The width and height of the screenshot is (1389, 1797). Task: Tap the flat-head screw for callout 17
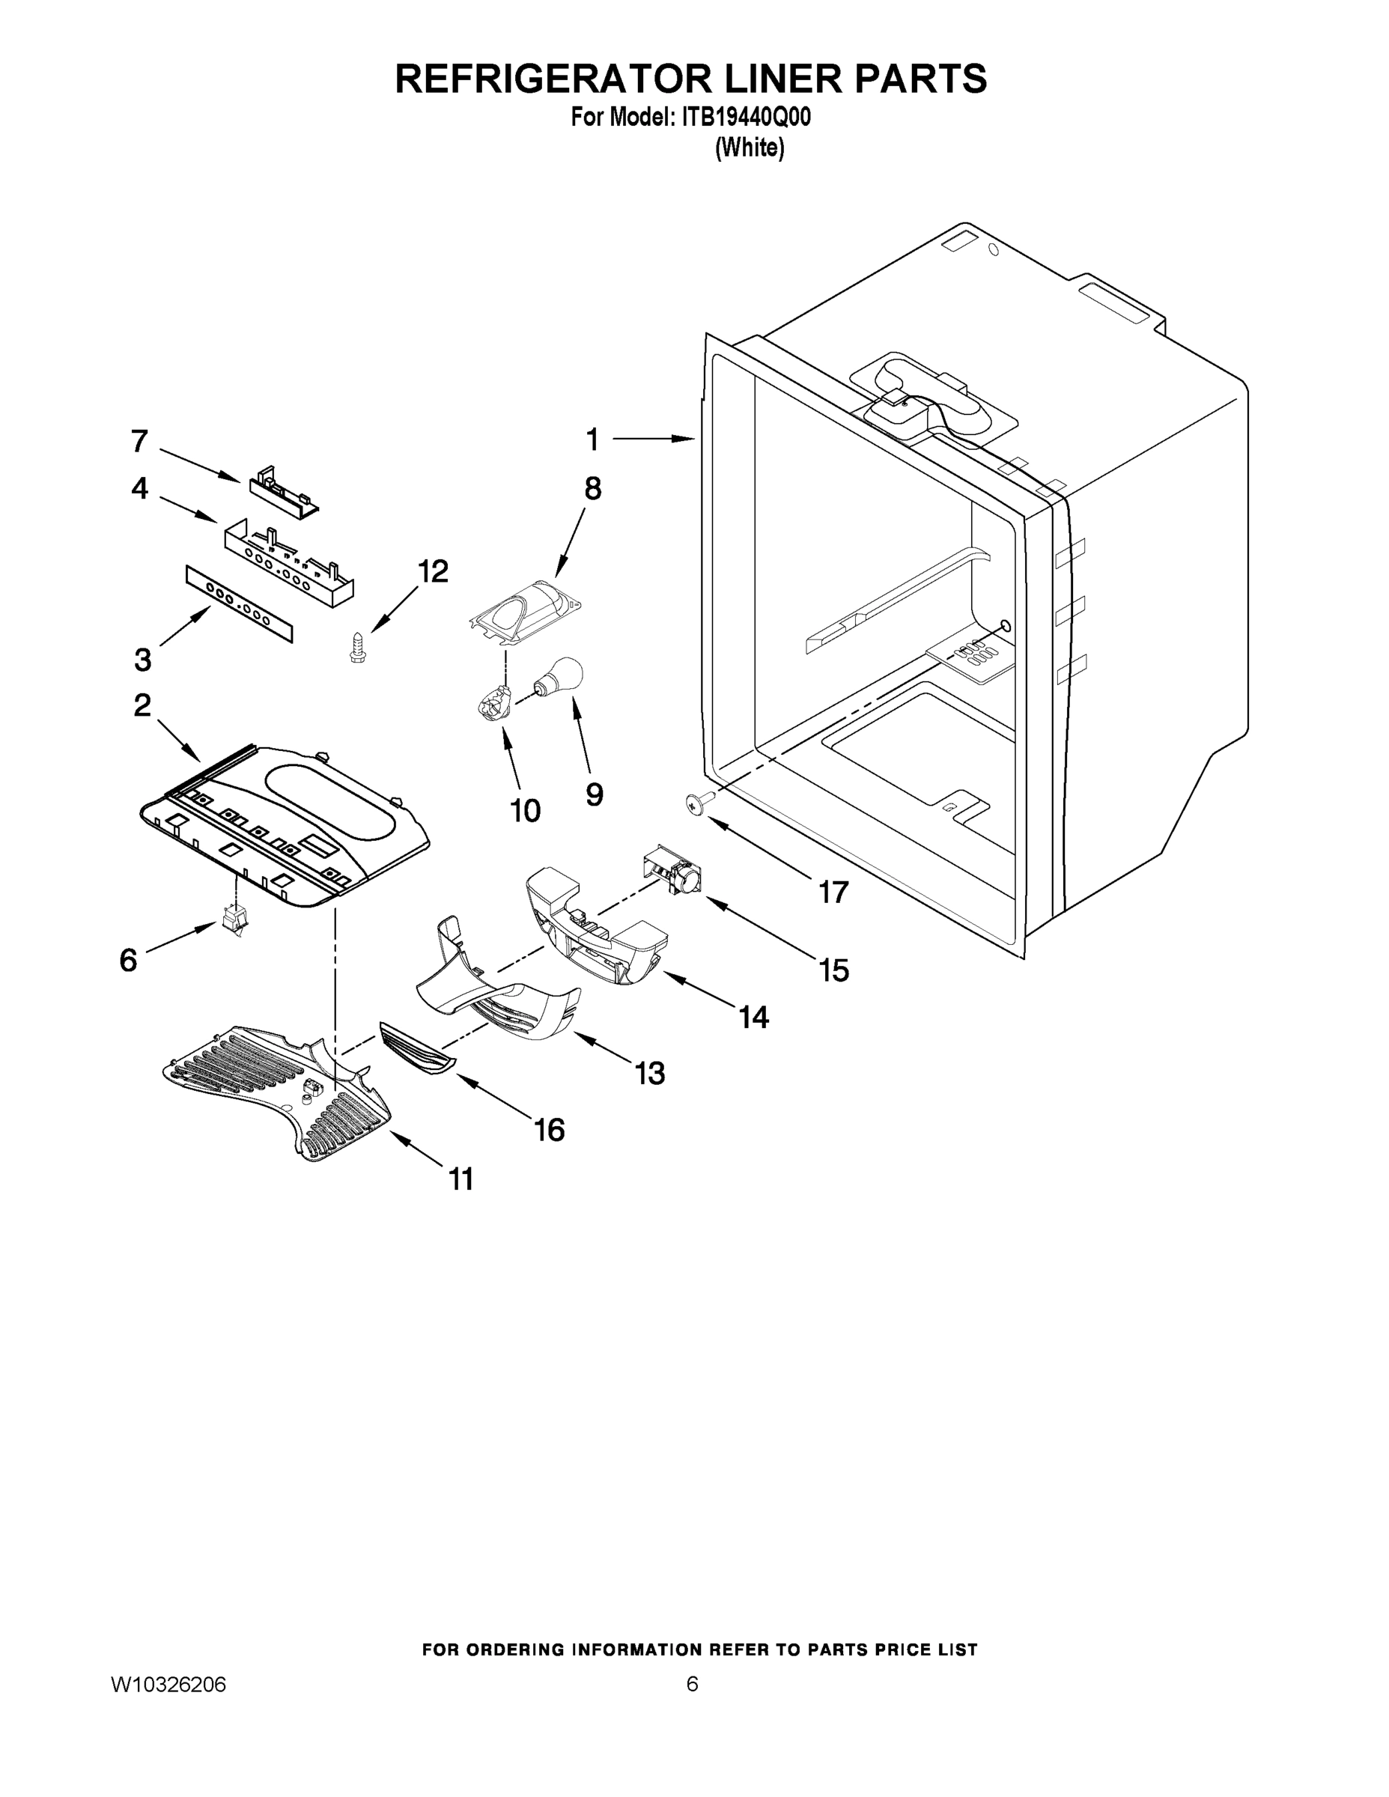click(x=696, y=806)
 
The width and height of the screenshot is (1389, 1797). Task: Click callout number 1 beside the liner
click(x=592, y=440)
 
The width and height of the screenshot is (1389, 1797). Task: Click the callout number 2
click(x=142, y=705)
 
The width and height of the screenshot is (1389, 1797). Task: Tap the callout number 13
click(x=650, y=1073)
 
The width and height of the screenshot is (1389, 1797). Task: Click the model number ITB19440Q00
click(x=746, y=118)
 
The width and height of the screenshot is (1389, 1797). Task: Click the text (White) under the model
click(x=749, y=148)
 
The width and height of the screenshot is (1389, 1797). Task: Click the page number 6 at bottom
click(x=692, y=1684)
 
